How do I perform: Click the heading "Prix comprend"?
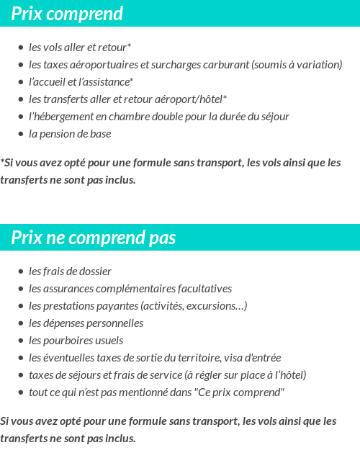[x=67, y=14]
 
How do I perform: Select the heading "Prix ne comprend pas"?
[x=94, y=238]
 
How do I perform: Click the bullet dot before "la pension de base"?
[x=21, y=134]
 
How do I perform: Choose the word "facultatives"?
[x=204, y=289]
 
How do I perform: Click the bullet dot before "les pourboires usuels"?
[x=21, y=341]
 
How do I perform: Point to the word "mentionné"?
[x=143, y=392]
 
